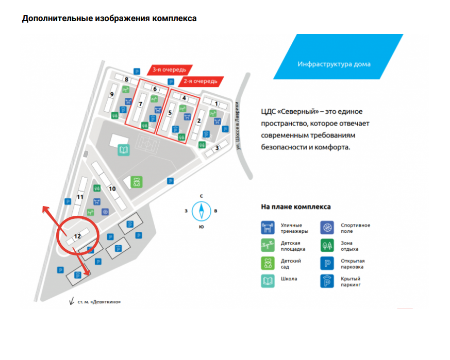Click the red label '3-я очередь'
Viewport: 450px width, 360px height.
[170, 69]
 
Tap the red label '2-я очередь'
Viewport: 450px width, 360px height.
[201, 81]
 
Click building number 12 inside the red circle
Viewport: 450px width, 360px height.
[78, 236]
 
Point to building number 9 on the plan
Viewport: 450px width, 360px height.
[111, 94]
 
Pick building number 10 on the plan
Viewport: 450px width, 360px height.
[112, 188]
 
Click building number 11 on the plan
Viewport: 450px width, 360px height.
[80, 197]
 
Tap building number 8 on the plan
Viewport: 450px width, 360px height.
[126, 79]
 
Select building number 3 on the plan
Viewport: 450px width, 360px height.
[218, 148]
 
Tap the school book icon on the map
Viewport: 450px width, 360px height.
[124, 150]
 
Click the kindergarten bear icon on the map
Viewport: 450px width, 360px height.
[137, 183]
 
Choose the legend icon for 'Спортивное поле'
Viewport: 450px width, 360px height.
[327, 227]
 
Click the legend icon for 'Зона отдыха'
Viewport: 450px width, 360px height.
[327, 245]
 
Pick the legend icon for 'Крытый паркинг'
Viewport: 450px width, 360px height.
[327, 281]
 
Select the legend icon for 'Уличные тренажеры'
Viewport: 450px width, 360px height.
[268, 227]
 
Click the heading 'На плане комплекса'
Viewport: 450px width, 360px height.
[296, 207]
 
